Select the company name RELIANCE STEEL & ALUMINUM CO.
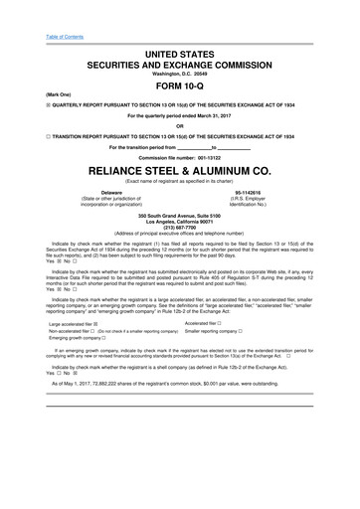click(x=179, y=170)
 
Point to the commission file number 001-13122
click(x=218, y=156)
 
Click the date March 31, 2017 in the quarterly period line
click(x=225, y=114)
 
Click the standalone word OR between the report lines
click(x=180, y=125)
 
